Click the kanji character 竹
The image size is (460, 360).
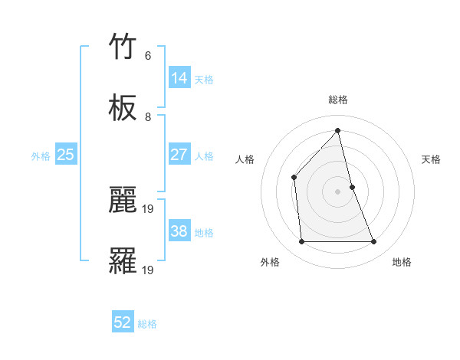coord(123,47)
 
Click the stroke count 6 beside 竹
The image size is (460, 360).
coord(147,56)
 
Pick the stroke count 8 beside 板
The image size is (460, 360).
coord(148,117)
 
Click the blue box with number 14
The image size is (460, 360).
coord(179,78)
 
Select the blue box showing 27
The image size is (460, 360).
coord(179,155)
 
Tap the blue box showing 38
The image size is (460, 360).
coord(179,231)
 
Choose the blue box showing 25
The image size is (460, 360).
coord(66,155)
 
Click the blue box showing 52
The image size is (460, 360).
coord(123,322)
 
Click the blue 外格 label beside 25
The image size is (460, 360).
coord(41,156)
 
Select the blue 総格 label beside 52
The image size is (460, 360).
coord(148,324)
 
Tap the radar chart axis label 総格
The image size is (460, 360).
coord(338,100)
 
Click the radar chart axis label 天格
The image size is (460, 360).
coord(432,159)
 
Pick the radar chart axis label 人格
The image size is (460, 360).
coord(245,159)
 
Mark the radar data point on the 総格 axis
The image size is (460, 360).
coord(338,130)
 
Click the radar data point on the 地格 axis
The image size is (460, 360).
coord(374,242)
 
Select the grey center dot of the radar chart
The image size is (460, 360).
coord(338,191)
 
